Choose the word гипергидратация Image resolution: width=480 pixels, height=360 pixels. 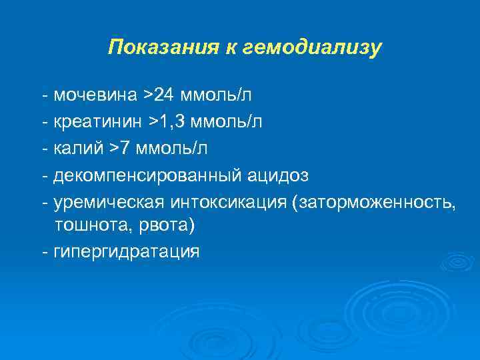point(126,252)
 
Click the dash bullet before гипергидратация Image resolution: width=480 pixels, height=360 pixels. point(44,252)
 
